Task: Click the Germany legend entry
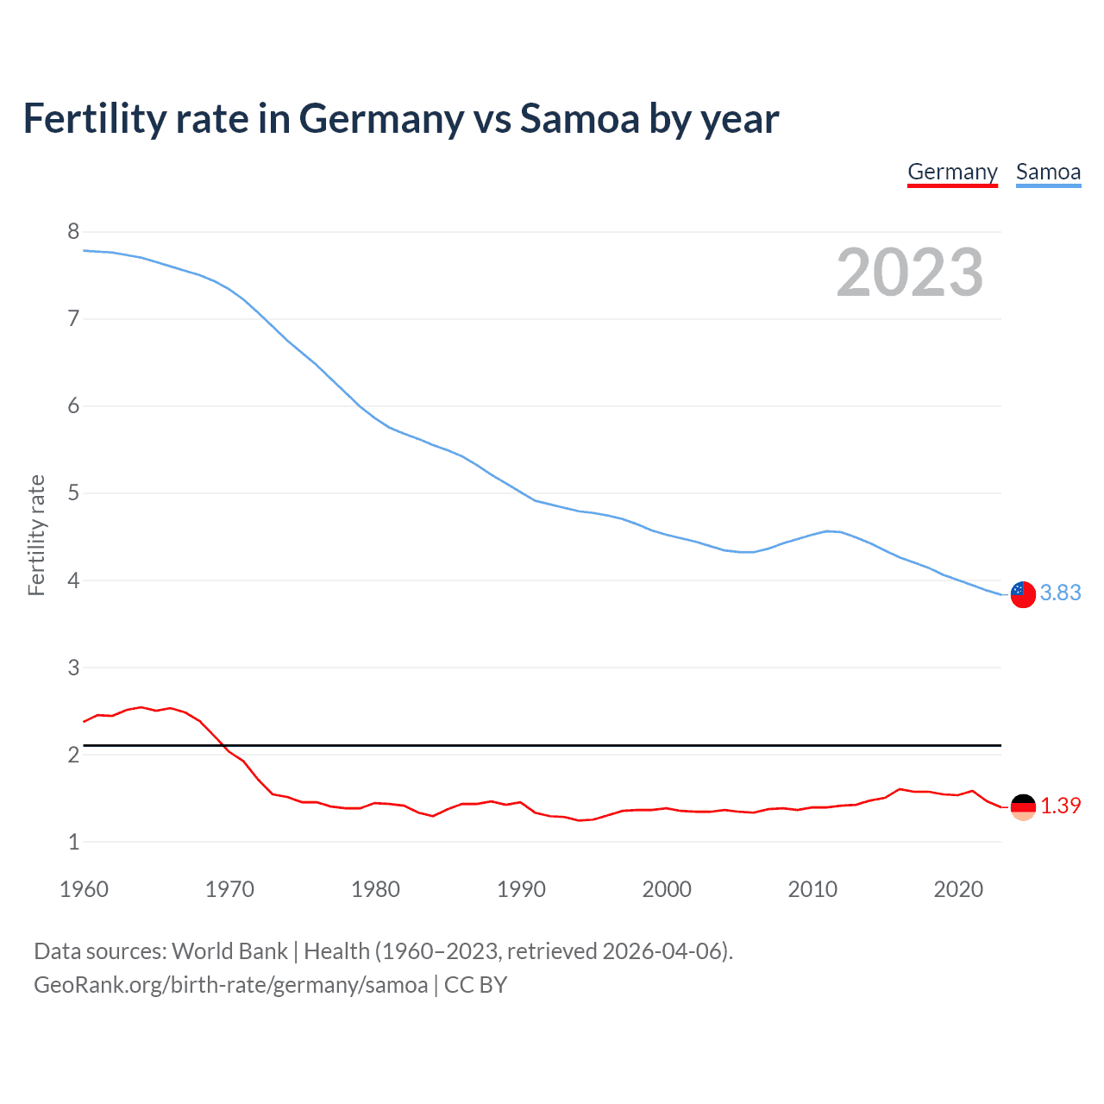pyautogui.click(x=952, y=172)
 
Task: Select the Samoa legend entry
pyautogui.click(x=1048, y=172)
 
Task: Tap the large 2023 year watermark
pyautogui.click(x=910, y=273)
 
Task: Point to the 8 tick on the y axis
pyautogui.click(x=73, y=231)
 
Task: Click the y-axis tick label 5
pyautogui.click(x=73, y=493)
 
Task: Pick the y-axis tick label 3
pyautogui.click(x=73, y=668)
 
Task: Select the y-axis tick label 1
pyautogui.click(x=73, y=842)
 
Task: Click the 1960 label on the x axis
pyautogui.click(x=84, y=889)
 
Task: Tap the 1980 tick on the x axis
pyautogui.click(x=375, y=889)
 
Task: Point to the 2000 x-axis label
pyautogui.click(x=667, y=889)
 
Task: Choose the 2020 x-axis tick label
pyautogui.click(x=958, y=889)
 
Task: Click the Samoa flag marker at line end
pyautogui.click(x=1022, y=594)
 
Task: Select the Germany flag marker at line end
pyautogui.click(x=1022, y=807)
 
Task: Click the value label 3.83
pyautogui.click(x=1060, y=593)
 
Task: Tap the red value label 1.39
pyautogui.click(x=1060, y=806)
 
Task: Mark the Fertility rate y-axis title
pyautogui.click(x=36, y=535)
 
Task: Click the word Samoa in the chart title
pyautogui.click(x=580, y=119)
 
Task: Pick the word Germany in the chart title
pyautogui.click(x=381, y=119)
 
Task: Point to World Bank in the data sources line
pyautogui.click(x=229, y=951)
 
